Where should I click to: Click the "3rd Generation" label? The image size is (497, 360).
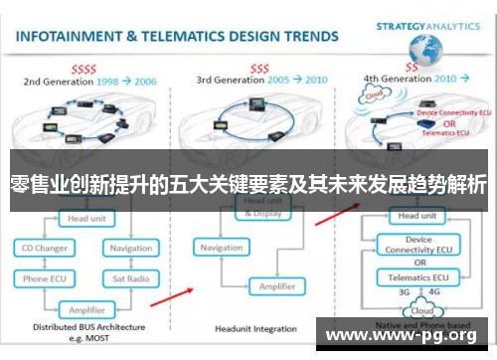point(232,79)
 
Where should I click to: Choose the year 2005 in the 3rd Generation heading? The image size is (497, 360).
point(282,79)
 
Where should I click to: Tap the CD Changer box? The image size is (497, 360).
point(45,248)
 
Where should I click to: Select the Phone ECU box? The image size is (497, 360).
point(45,279)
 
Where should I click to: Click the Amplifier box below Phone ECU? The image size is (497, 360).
point(87,309)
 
